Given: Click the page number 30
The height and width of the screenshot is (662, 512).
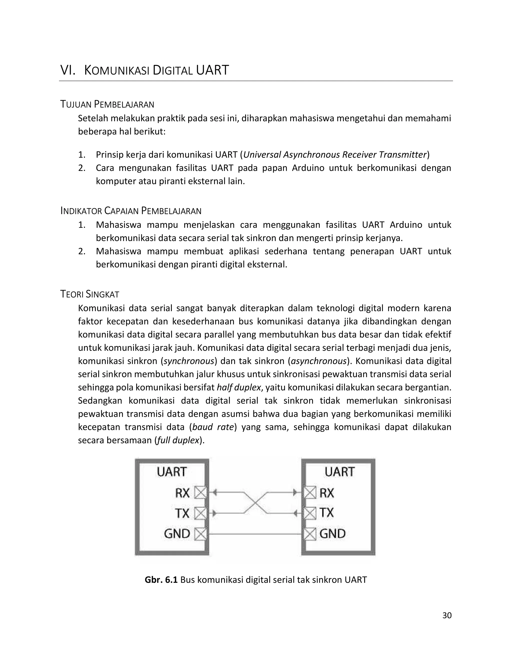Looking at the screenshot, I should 447,615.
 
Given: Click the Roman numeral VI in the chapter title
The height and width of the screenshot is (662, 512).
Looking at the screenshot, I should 68,70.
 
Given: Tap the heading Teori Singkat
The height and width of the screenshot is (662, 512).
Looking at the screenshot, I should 89,294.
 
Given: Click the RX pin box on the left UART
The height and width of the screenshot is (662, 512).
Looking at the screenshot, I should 200,493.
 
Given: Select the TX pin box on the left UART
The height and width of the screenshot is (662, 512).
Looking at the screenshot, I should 200,513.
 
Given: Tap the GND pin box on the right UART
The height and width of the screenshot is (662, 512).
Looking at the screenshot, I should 310,534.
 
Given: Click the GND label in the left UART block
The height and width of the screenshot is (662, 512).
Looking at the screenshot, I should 177,534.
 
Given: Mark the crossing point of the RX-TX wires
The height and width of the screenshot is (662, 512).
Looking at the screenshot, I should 255,503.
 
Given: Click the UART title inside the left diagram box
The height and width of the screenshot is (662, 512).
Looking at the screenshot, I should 172,472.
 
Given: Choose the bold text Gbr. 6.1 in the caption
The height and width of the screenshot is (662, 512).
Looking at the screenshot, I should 161,580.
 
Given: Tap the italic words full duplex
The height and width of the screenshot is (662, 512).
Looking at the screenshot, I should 178,440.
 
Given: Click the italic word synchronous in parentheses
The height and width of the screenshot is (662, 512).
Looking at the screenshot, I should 189,361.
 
